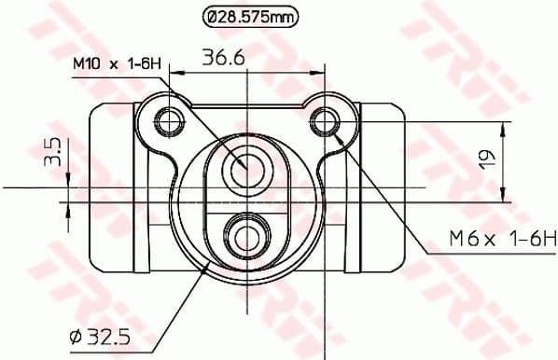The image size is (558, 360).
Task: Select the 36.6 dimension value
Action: click(223, 58)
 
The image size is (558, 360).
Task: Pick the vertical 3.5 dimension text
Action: click(53, 152)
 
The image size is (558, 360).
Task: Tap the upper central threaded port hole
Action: click(247, 168)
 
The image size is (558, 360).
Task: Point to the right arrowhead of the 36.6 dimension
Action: click(318, 71)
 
